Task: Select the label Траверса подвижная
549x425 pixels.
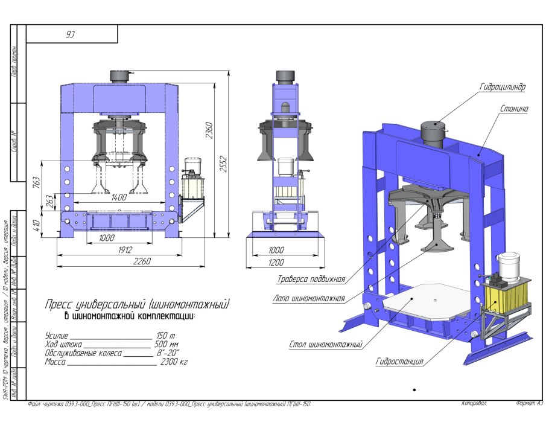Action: (311, 279)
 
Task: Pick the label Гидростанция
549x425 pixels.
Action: (399, 362)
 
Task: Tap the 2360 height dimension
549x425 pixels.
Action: (210, 130)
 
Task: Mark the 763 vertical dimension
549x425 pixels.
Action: (36, 181)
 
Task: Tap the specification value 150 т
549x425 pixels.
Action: (165, 335)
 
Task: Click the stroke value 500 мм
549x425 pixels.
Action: (167, 344)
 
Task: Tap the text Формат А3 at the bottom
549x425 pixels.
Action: (529, 403)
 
